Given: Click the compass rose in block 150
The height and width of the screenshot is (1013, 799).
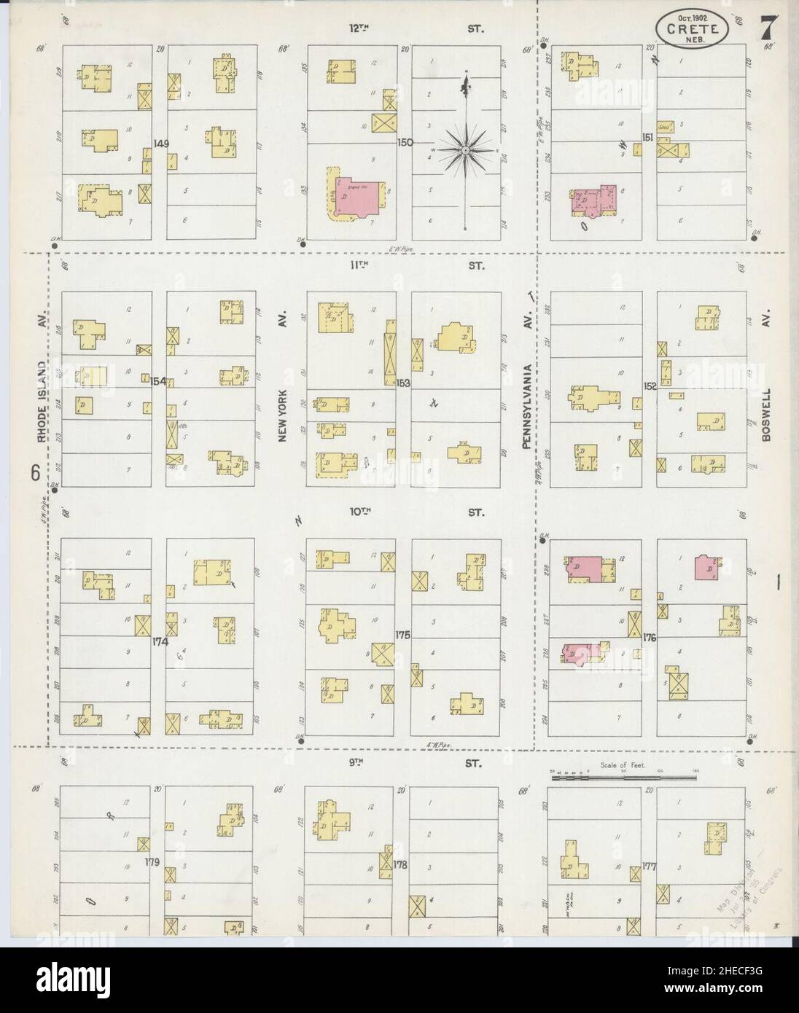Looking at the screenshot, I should pos(464,151).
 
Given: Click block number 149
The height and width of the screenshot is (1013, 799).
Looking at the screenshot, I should pos(160,144).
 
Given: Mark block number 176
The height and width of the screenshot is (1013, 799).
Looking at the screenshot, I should pos(650,638).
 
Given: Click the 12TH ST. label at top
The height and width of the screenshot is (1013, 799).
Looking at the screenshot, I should pos(357,28).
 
